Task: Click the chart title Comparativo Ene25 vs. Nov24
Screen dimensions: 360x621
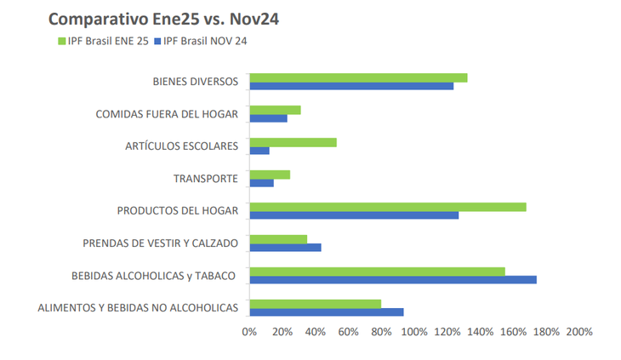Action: pos(163,19)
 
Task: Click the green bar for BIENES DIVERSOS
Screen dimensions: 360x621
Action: pos(358,77)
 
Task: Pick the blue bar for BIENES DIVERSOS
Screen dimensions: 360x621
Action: pos(351,86)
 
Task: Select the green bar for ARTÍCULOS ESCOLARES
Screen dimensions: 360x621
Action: pos(293,142)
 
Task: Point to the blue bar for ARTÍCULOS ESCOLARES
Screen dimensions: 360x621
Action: pos(259,151)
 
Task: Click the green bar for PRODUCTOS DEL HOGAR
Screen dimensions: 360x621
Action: pos(387,207)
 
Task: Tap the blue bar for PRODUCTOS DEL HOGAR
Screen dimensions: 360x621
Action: pos(354,215)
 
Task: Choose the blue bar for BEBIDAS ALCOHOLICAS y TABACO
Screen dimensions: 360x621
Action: pos(392,279)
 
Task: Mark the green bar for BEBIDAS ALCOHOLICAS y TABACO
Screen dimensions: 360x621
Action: pos(377,271)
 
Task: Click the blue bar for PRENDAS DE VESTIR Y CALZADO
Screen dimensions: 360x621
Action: pos(285,247)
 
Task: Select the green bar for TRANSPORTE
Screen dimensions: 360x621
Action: pos(270,174)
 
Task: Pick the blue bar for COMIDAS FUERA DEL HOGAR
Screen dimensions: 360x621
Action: pos(268,118)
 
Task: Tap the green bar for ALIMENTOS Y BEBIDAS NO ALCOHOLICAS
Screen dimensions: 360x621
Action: pos(315,304)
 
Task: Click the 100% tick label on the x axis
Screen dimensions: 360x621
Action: pos(414,331)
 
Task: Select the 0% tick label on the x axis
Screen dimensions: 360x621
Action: pos(249,331)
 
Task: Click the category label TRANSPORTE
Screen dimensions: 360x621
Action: pos(205,179)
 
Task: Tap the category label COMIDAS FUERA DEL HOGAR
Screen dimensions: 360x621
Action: pos(167,114)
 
